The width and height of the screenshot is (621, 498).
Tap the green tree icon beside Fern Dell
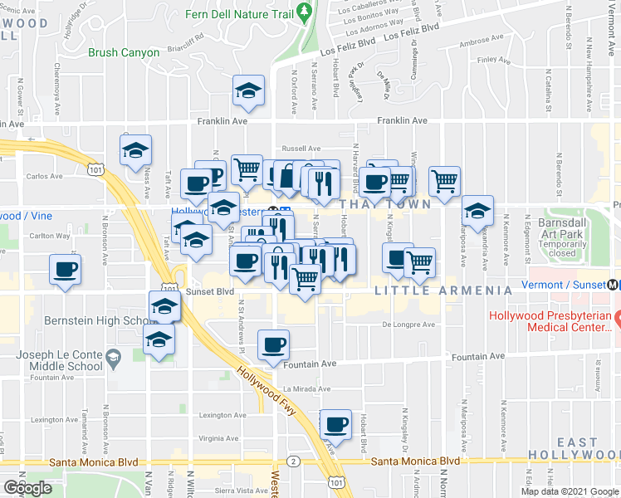coord(305,12)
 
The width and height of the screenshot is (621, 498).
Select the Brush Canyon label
coord(124,52)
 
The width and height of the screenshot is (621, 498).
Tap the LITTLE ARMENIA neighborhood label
coord(443,290)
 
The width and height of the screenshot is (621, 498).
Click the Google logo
coord(28,487)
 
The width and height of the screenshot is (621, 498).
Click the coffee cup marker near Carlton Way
coord(66,270)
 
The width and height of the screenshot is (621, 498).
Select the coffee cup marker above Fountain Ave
coord(272,344)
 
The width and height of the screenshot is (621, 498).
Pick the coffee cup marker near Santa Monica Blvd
coord(335,424)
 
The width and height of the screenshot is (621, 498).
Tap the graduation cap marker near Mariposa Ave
coord(478,211)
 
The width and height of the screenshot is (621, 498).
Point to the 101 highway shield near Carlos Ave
coord(98,170)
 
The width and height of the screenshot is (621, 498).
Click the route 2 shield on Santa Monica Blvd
coord(292,461)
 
